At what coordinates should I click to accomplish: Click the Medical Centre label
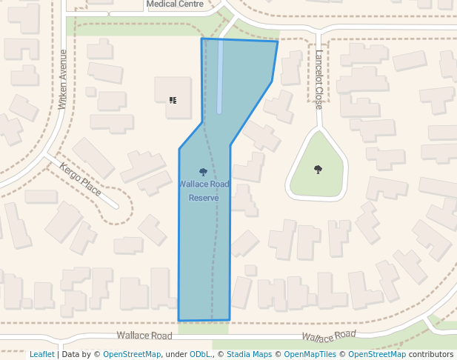click(x=175, y=4)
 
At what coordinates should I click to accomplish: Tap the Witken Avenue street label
click(x=63, y=79)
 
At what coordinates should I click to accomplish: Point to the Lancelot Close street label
click(x=318, y=80)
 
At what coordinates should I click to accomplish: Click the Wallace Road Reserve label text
click(x=204, y=190)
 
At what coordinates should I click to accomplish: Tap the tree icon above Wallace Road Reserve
click(x=204, y=172)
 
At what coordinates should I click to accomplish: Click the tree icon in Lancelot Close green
click(x=318, y=169)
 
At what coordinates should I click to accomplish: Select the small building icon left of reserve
click(x=173, y=99)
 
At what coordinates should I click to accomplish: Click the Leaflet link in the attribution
click(x=42, y=354)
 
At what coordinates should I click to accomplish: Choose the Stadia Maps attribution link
click(x=249, y=354)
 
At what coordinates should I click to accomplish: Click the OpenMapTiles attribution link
click(x=309, y=354)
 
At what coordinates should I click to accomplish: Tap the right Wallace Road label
click(x=328, y=337)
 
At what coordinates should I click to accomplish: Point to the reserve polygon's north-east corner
click(x=278, y=41)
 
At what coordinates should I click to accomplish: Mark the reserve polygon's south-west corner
click(x=179, y=321)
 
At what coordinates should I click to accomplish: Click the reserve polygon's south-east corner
click(x=230, y=320)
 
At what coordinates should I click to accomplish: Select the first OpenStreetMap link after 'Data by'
click(x=132, y=354)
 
